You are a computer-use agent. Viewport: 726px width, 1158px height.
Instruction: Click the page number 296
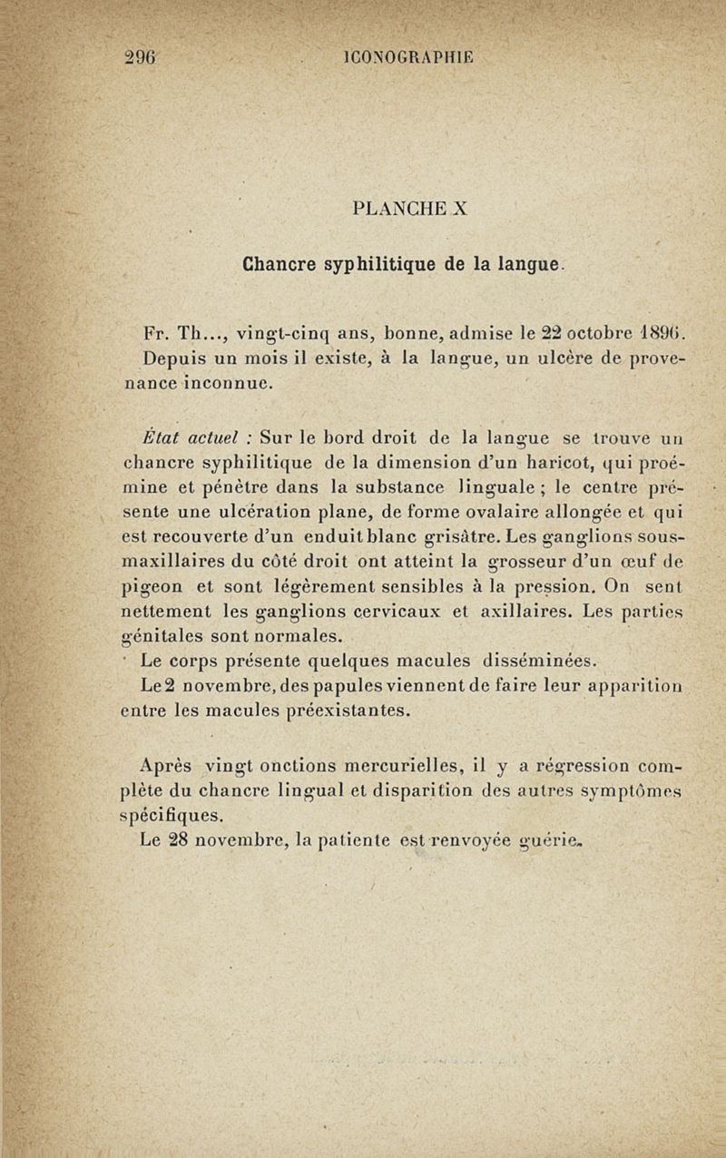click(142, 56)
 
